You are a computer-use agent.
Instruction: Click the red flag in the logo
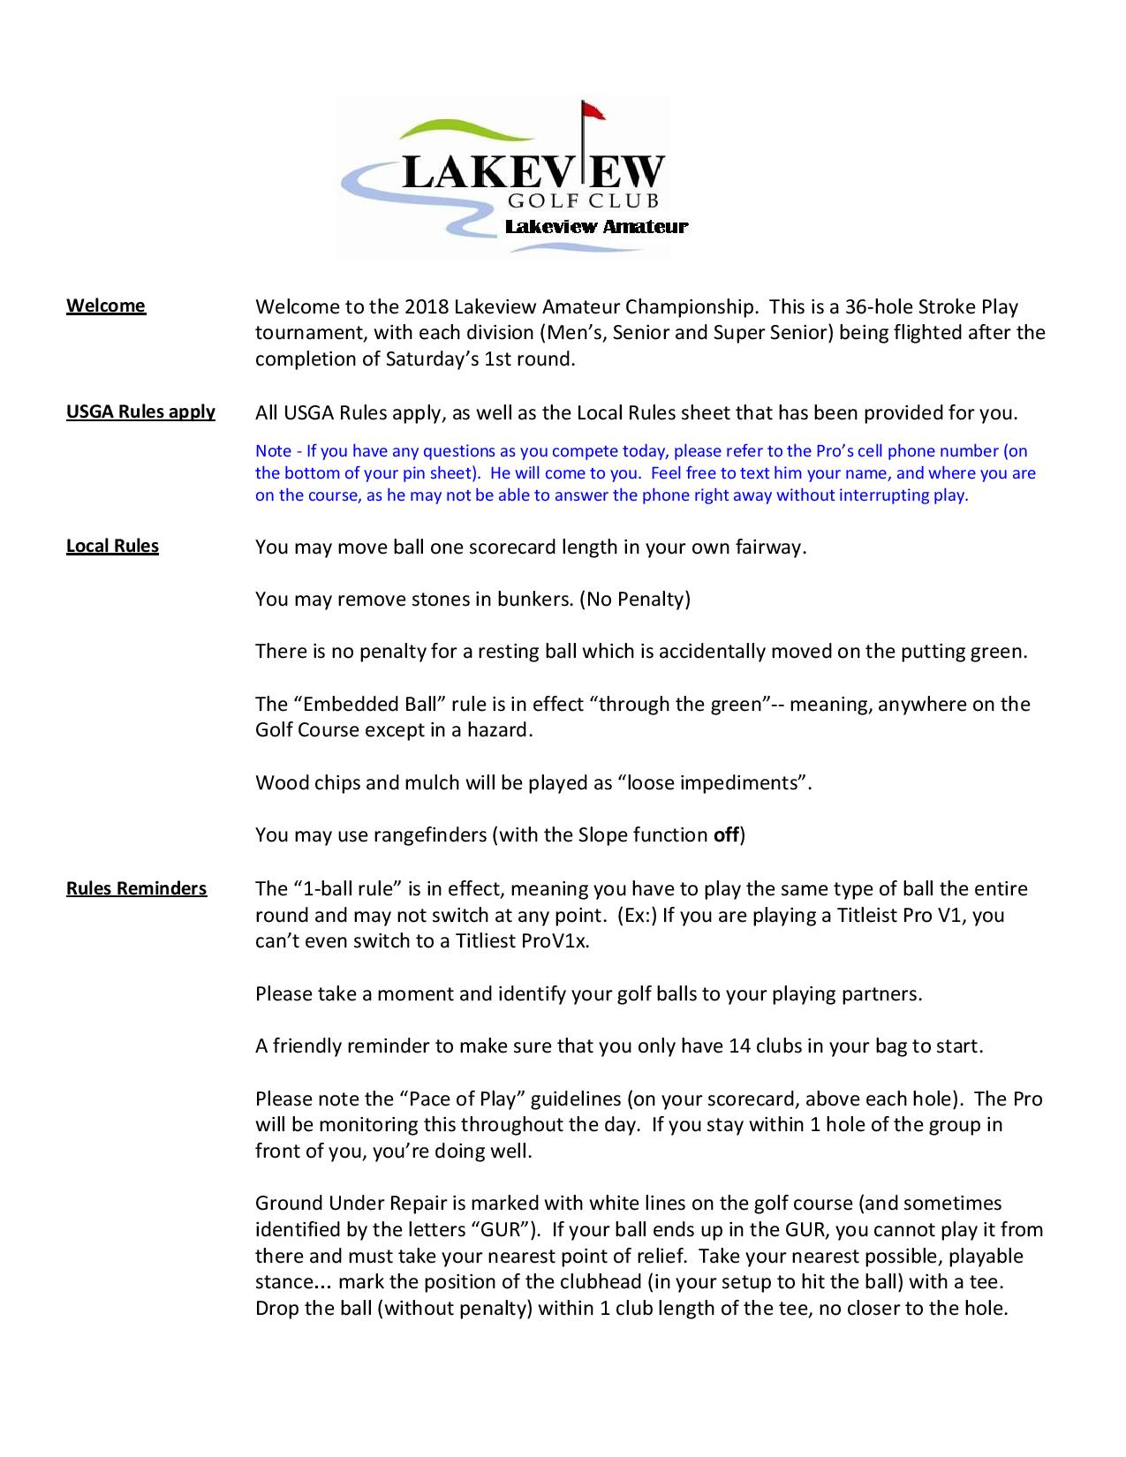(593, 110)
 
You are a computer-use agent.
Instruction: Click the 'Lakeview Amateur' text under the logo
(596, 227)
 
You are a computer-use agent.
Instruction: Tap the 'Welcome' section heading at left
(106, 306)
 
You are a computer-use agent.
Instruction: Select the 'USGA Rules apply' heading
(140, 411)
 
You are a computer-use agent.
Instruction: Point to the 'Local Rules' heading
(112, 546)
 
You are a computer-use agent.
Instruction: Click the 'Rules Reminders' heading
(136, 888)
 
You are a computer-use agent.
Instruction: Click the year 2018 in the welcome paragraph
(427, 306)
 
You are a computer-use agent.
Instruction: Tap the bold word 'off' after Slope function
(726, 834)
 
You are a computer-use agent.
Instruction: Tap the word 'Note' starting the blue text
(273, 451)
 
